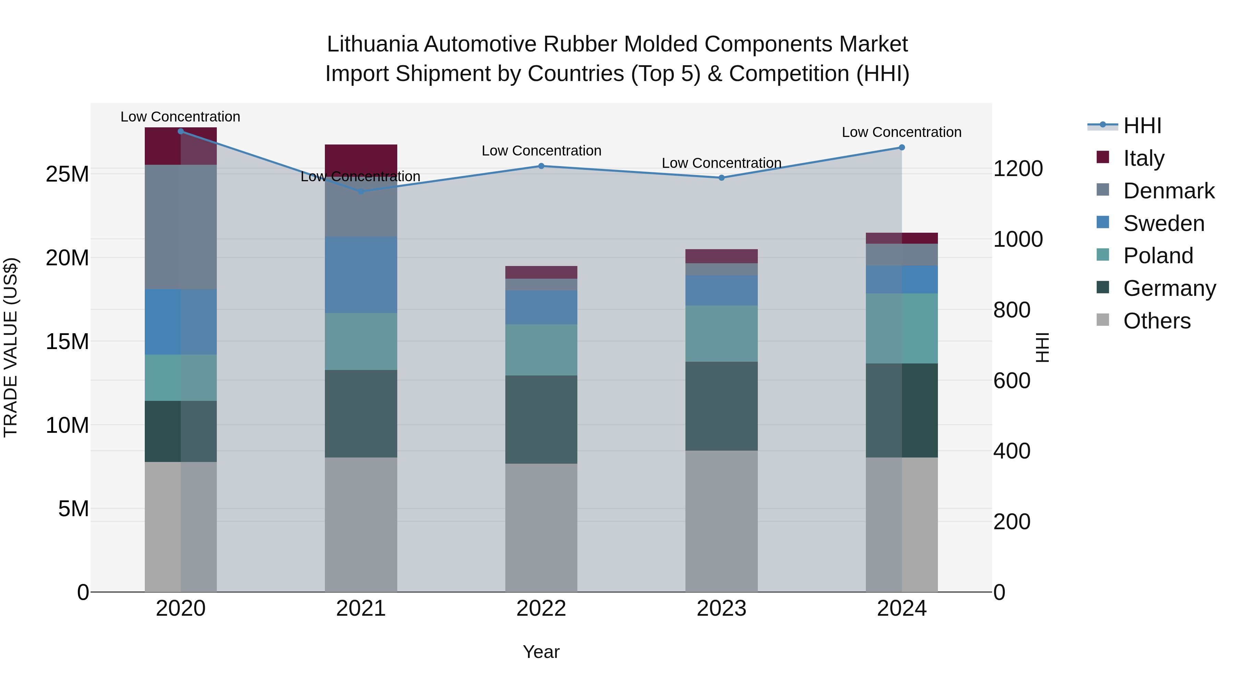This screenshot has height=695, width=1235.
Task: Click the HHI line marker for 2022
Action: tap(541, 166)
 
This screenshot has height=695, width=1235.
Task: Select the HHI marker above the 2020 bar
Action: tap(181, 131)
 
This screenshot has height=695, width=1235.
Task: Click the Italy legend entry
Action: tap(1143, 158)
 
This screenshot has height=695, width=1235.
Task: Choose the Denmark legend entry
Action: tap(1168, 191)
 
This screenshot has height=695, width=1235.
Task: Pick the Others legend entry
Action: tap(1156, 321)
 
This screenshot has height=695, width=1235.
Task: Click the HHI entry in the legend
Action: tap(1142, 126)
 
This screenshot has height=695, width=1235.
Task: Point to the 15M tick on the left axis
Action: tap(67, 341)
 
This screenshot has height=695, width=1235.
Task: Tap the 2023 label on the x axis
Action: tap(721, 609)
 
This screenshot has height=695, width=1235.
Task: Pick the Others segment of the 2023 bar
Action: tap(721, 521)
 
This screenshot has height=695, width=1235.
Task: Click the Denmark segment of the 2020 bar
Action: tap(181, 227)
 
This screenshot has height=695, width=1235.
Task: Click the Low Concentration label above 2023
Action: tap(721, 163)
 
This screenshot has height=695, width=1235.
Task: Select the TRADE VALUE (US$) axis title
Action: tap(11, 347)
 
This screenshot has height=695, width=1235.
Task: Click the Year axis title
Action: tap(541, 652)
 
